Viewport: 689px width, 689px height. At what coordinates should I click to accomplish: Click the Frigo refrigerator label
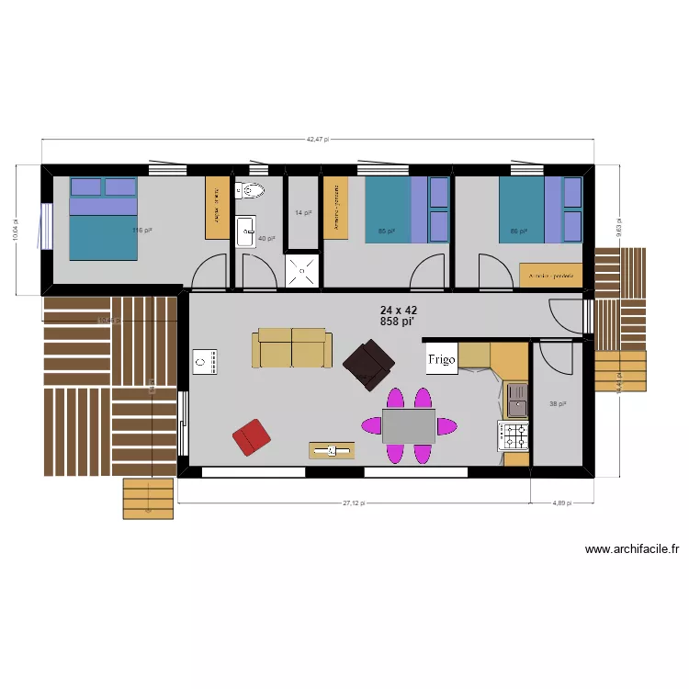(x=441, y=359)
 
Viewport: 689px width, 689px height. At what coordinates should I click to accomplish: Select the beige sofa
(x=292, y=348)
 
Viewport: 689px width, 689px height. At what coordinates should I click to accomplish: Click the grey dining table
(x=408, y=426)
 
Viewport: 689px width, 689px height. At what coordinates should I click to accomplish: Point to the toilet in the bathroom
(x=250, y=191)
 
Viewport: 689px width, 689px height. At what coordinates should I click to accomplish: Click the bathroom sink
(x=247, y=231)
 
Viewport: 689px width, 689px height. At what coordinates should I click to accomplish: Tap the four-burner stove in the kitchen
(x=514, y=435)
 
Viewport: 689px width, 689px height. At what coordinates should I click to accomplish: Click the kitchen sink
(x=517, y=401)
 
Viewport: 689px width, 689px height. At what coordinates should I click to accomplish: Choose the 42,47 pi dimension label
(x=318, y=140)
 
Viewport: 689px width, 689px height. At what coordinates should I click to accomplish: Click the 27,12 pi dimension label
(x=354, y=503)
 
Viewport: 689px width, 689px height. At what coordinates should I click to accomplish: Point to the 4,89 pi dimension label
(x=561, y=503)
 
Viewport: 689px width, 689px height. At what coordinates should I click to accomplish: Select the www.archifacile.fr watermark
(x=632, y=549)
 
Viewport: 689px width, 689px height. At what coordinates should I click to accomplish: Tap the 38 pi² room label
(x=558, y=403)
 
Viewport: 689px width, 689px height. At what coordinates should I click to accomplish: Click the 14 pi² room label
(x=302, y=212)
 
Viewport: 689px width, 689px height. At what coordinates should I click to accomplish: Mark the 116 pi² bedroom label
(x=141, y=231)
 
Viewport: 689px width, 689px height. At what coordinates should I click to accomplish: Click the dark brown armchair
(x=369, y=364)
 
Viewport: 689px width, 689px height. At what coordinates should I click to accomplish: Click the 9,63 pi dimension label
(x=618, y=226)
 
